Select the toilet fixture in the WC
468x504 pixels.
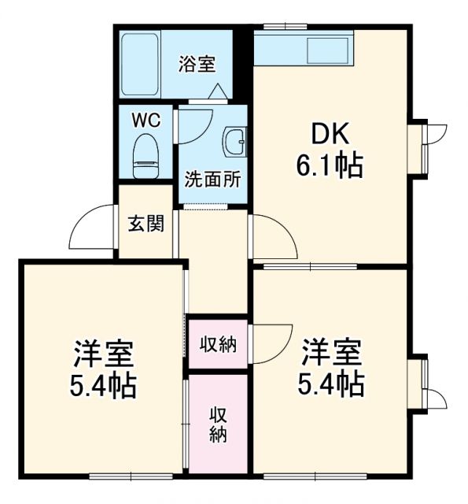coord(145,157)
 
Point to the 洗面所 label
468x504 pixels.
coord(212,179)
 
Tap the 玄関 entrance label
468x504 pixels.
coord(146,224)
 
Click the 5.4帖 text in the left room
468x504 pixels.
coord(103,386)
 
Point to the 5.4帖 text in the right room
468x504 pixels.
coord(330,384)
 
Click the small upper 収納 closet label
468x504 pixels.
coord(218,343)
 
